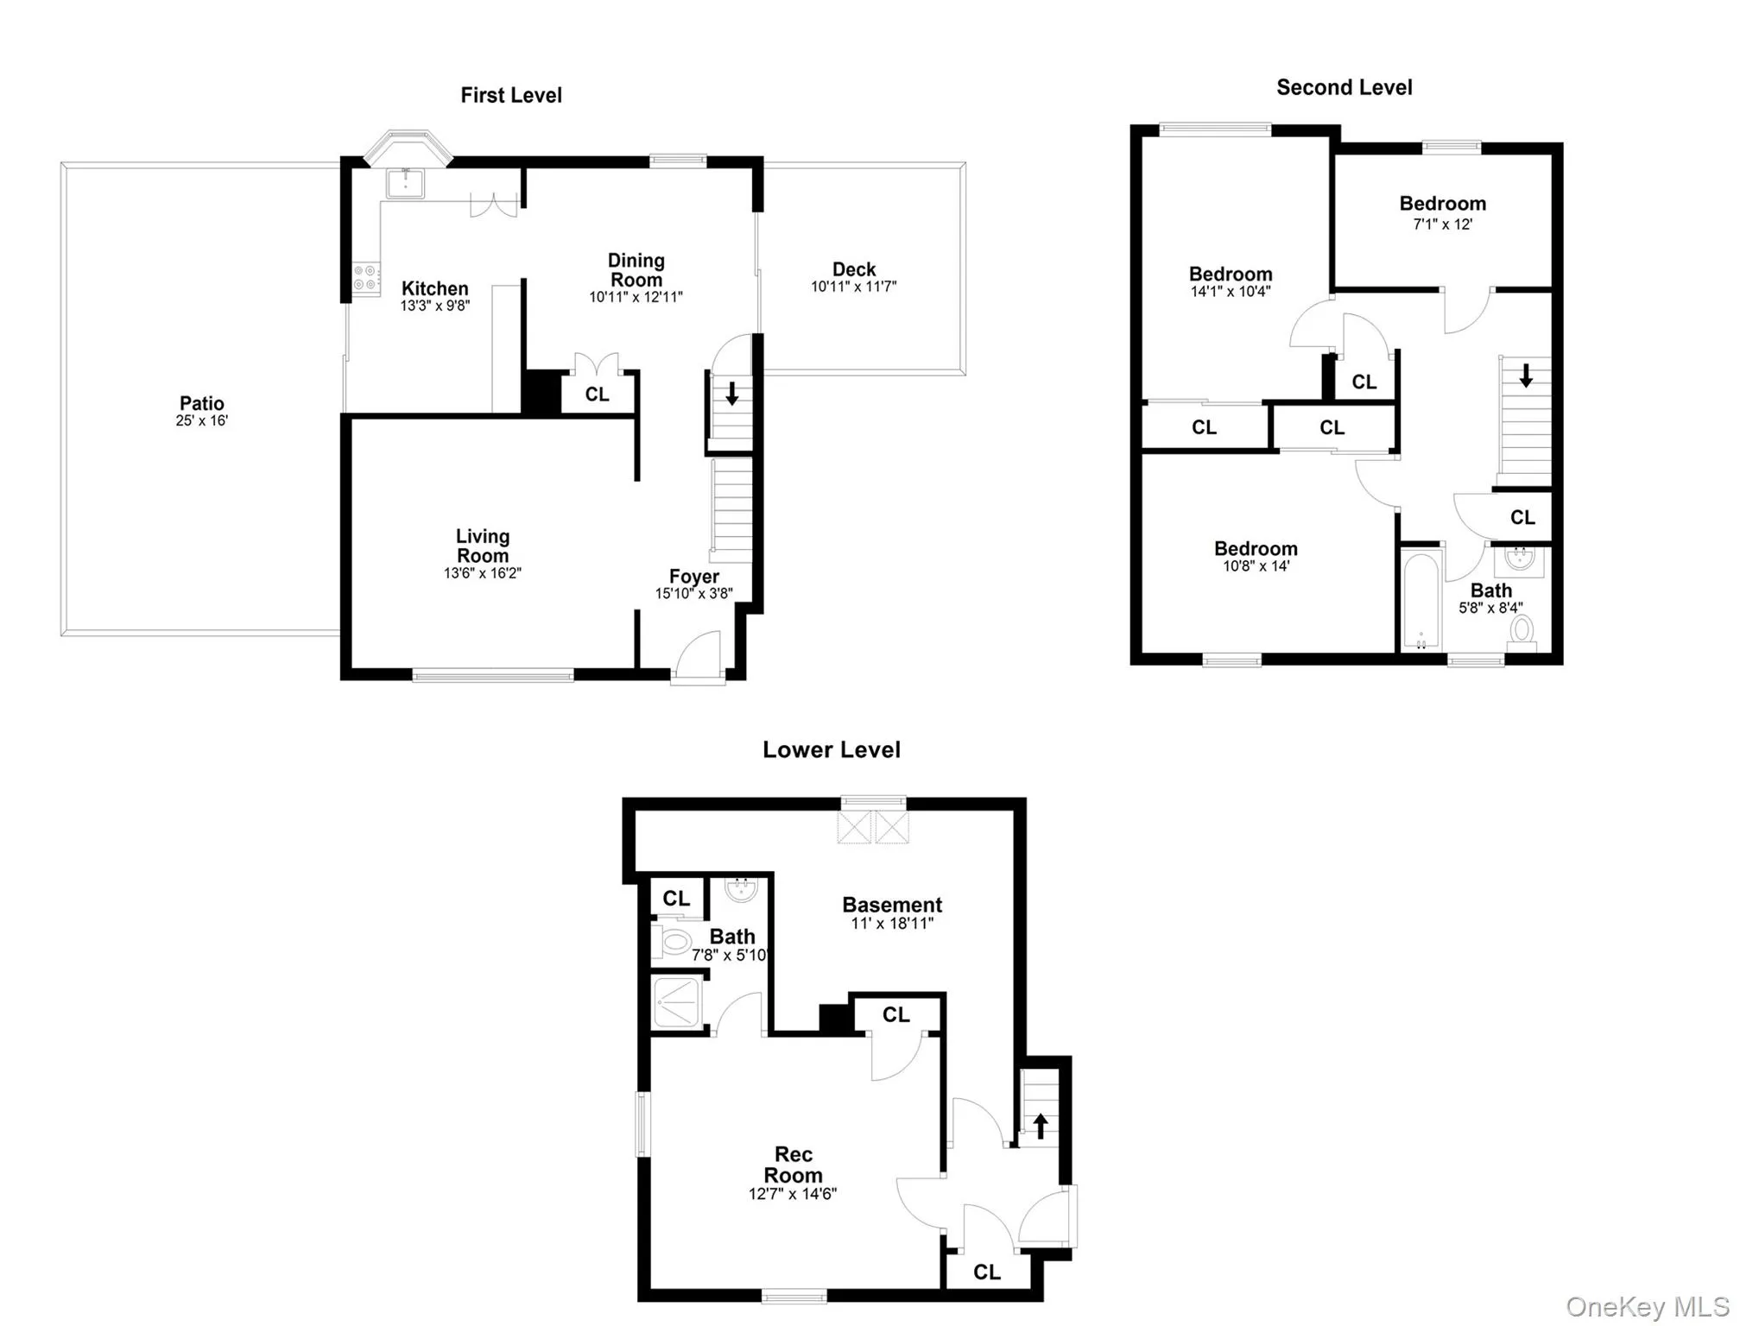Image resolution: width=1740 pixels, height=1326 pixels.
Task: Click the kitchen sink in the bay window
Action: [405, 183]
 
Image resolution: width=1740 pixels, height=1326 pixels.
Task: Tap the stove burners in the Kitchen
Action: [366, 277]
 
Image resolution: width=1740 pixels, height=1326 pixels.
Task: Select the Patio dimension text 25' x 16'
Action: [202, 421]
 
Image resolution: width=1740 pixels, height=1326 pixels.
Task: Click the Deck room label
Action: [854, 269]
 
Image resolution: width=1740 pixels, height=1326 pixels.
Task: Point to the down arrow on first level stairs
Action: [732, 394]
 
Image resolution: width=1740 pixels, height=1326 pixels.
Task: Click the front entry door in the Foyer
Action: [699, 659]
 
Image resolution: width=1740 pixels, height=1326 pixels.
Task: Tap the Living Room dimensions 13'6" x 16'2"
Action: [483, 573]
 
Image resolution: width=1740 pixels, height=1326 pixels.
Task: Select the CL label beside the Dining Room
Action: [597, 395]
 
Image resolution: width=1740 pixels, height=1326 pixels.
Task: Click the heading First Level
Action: [511, 96]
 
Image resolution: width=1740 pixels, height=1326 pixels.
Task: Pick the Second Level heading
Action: [1344, 88]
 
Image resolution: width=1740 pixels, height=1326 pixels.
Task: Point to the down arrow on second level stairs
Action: [1526, 376]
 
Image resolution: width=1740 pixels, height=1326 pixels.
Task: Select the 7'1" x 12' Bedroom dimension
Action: [1442, 224]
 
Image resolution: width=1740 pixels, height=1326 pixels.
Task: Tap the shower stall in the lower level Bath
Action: [676, 1002]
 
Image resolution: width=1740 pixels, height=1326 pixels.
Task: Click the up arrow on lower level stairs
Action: [1041, 1125]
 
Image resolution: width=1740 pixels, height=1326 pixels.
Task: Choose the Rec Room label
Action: [793, 1165]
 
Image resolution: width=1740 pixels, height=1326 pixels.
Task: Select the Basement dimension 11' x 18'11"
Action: [892, 924]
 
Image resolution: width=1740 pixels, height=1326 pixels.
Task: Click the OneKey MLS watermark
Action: [1648, 1307]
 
